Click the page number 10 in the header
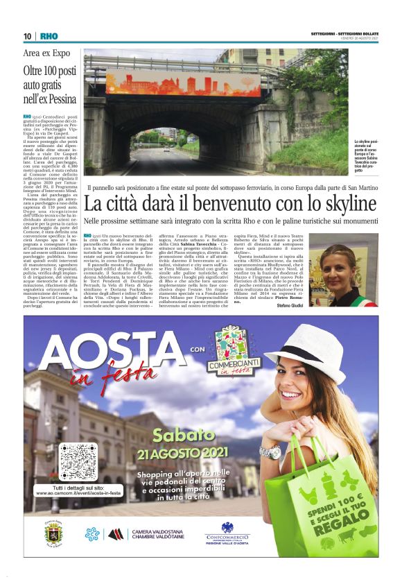pyautogui.click(x=28, y=36)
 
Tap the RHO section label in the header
pyautogui.click(x=49, y=36)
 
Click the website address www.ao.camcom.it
pyautogui.click(x=78, y=493)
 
